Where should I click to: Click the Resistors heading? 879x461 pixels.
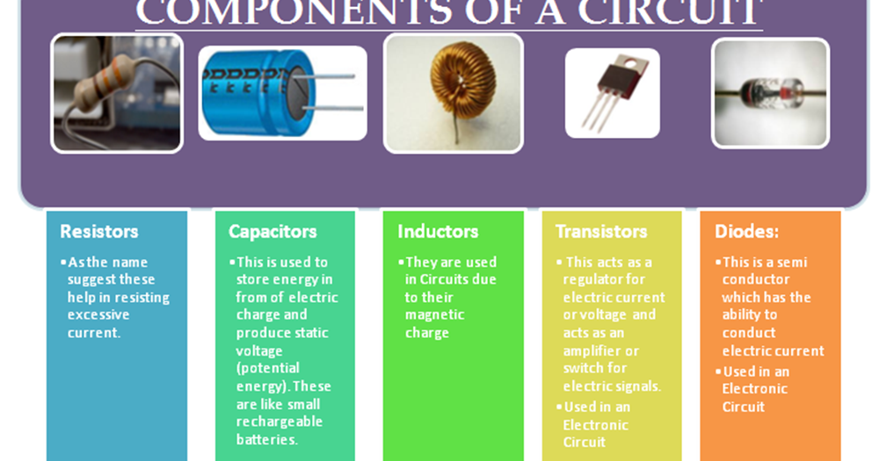coord(99,232)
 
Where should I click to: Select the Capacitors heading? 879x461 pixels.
coord(272,232)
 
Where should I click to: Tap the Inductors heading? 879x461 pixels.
coord(438,232)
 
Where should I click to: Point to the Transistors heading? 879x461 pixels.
coord(601,232)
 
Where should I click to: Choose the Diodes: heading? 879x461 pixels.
coord(746,232)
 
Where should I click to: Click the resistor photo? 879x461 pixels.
coord(117,93)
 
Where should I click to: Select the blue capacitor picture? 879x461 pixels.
coord(282,93)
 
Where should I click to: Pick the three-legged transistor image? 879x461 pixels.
coord(612,92)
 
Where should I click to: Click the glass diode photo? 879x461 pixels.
coord(770,92)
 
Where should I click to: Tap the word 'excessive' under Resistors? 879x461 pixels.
coord(98,315)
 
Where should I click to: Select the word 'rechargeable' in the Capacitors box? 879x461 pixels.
coord(279,421)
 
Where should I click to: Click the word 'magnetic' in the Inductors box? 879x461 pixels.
coord(434,315)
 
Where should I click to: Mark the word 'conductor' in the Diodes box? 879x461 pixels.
coord(756,280)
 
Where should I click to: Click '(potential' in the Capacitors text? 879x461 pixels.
coord(268,369)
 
